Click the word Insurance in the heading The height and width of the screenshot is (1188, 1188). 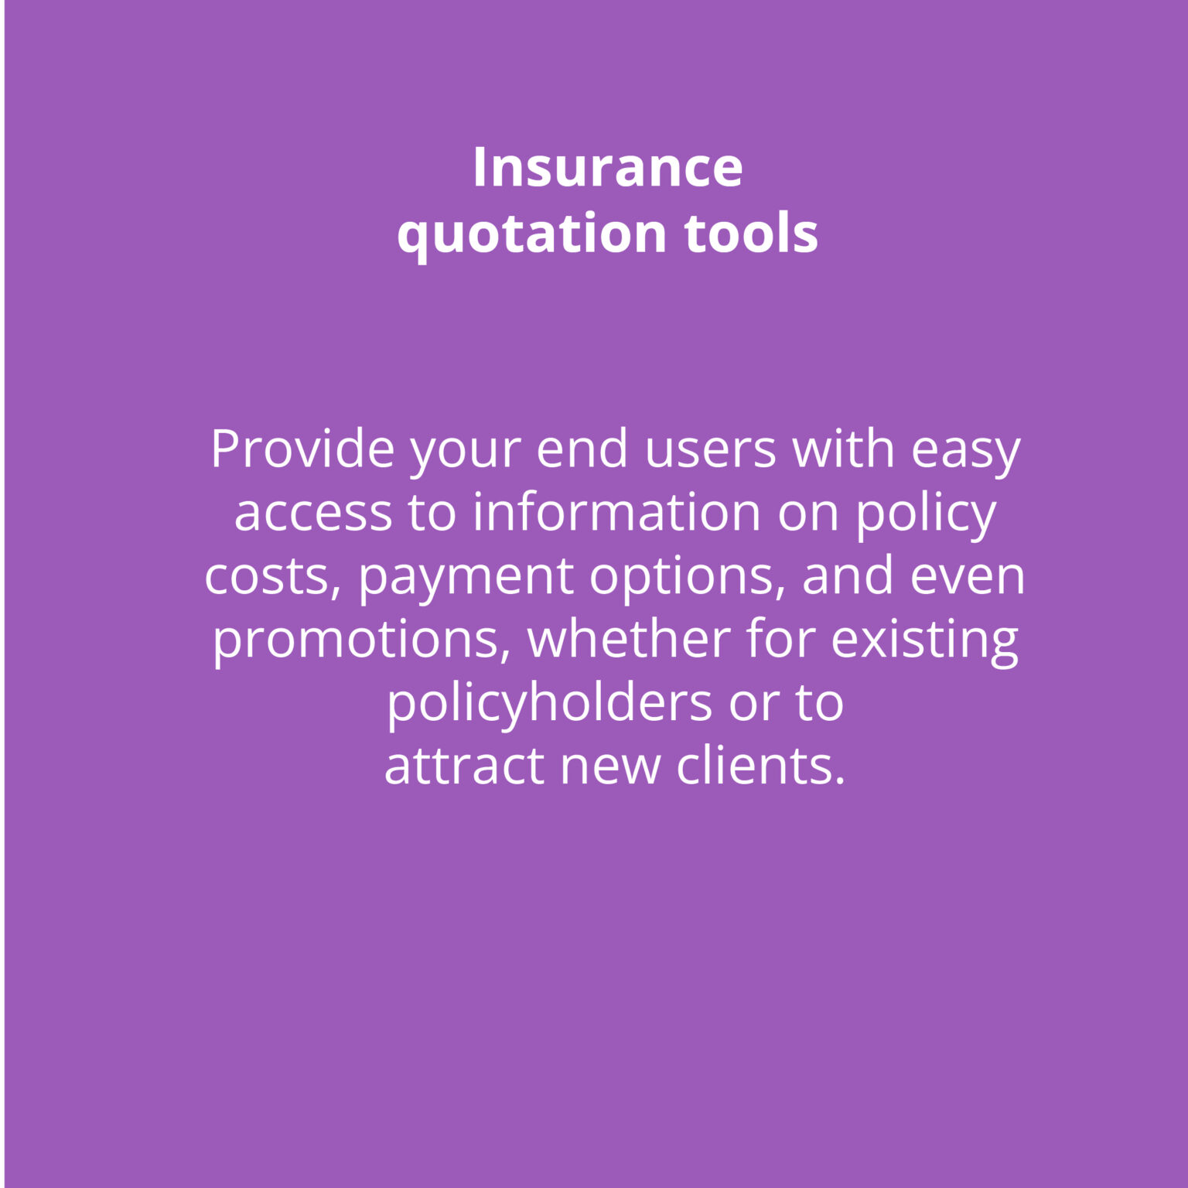coord(608,167)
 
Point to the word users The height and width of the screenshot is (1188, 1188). coord(710,449)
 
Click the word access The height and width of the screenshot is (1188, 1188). coord(313,514)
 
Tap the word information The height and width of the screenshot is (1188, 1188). coord(616,512)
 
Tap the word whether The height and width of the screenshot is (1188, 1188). coord(629,640)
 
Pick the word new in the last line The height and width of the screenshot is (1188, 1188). coord(610,767)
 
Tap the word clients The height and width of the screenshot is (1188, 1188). coord(762,766)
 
